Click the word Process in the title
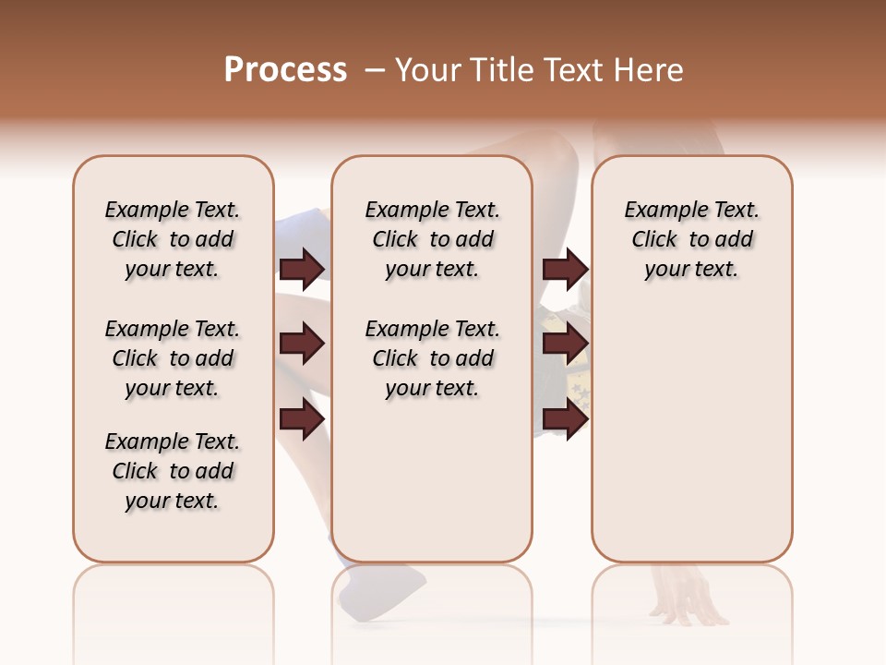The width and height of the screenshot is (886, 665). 285,70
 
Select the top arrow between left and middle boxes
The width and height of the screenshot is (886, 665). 301,269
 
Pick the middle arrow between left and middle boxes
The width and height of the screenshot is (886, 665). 301,344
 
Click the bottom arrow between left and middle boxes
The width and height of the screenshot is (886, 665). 301,418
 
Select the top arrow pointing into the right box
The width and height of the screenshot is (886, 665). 565,269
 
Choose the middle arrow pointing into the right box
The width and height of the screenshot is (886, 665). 565,344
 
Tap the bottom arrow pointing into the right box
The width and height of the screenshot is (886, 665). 565,418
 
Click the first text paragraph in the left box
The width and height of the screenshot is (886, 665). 173,239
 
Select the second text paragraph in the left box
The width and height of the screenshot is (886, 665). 173,358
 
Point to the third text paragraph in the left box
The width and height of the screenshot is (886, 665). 173,471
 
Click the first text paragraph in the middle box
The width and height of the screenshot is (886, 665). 432,239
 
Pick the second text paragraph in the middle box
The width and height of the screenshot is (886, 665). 432,358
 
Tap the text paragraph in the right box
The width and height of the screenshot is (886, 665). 691,239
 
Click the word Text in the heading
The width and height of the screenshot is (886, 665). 570,70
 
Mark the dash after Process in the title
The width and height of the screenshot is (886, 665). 374,70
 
